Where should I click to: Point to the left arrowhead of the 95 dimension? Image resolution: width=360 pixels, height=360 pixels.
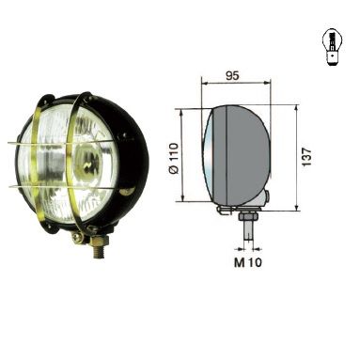point(204,85)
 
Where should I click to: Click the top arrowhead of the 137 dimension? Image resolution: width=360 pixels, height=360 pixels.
point(297,106)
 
